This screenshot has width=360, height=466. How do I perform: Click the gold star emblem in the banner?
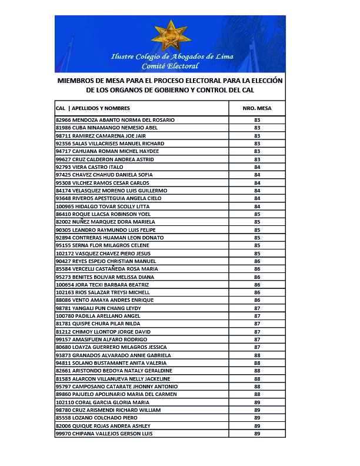point(171,34)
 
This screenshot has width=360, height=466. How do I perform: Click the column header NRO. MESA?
point(256,108)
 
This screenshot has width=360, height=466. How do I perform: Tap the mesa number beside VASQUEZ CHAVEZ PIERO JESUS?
point(257,253)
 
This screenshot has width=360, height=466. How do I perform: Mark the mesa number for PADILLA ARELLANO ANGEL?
point(257,316)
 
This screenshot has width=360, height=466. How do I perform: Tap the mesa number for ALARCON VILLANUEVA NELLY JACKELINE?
point(257,378)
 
